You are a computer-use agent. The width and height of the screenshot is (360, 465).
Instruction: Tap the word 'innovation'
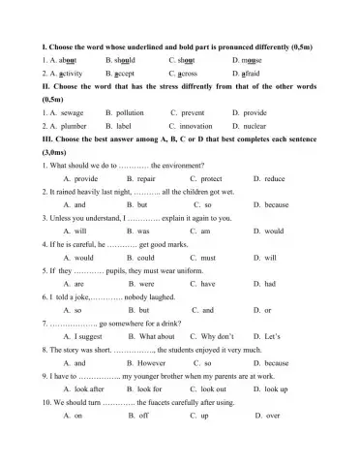[196, 126]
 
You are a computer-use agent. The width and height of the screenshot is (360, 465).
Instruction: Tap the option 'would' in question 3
[274, 232]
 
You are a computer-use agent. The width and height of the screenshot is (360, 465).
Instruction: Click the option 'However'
[151, 362]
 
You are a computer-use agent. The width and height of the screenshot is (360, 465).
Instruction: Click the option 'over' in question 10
[273, 415]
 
